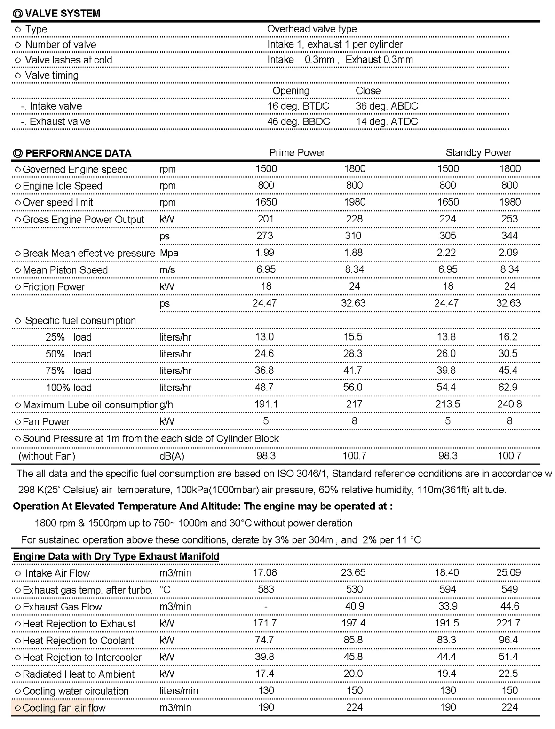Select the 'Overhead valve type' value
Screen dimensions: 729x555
click(311, 29)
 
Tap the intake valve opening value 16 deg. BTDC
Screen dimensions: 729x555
click(298, 106)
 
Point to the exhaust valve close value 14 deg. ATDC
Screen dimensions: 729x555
click(387, 121)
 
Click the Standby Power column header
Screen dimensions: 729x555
click(478, 152)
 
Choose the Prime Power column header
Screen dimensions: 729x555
click(297, 152)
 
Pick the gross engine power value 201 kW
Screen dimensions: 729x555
click(266, 219)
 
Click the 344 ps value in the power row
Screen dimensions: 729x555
click(509, 236)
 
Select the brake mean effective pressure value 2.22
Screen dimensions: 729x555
click(446, 253)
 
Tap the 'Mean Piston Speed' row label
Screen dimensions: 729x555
click(65, 270)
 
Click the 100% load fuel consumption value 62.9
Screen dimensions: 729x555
click(508, 387)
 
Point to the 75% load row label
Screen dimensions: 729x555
click(69, 371)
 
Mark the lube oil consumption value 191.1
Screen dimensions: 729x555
click(266, 404)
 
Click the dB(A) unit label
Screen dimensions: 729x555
click(172, 456)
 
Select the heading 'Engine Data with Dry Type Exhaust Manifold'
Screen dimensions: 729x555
click(116, 556)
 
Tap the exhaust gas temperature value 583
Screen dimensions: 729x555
click(266, 589)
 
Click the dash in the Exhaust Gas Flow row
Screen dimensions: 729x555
click(266, 607)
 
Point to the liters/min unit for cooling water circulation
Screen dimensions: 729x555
click(179, 691)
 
